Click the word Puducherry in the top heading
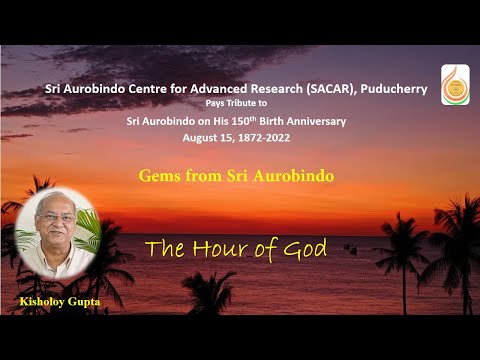(x=392, y=89)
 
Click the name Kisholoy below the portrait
(x=43, y=300)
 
